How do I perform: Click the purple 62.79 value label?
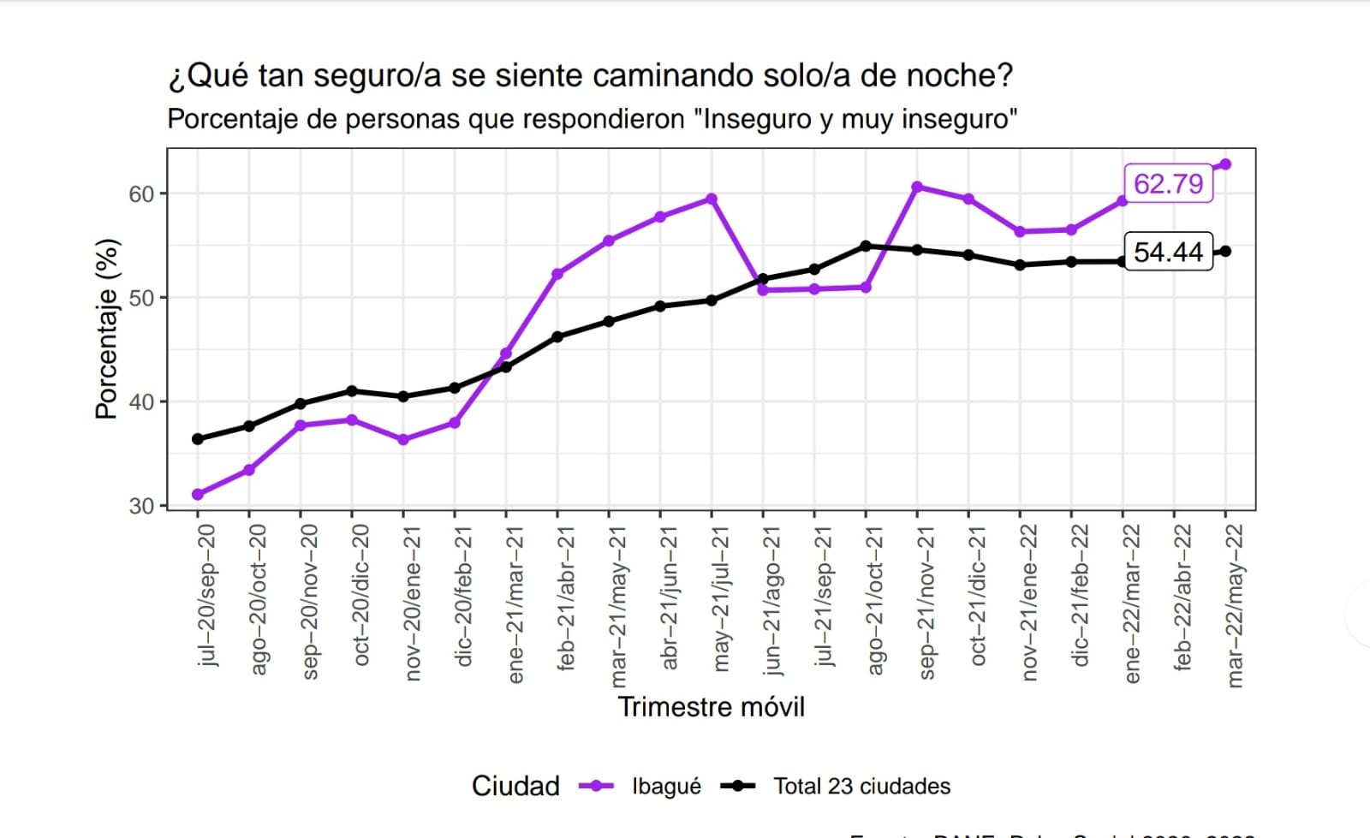[1168, 183]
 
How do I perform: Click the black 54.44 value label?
[1168, 252]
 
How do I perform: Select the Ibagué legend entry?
[665, 786]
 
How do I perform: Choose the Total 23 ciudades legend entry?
[861, 786]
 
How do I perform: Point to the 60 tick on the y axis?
[141, 194]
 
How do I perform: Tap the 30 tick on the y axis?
[141, 506]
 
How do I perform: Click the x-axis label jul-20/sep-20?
[206, 596]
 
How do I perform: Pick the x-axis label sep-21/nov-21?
[926, 603]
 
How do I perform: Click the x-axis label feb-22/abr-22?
[1182, 597]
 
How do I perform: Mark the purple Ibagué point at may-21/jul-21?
[712, 199]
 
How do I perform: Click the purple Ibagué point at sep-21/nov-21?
[917, 187]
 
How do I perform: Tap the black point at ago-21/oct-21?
[866, 247]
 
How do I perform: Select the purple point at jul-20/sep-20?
[198, 494]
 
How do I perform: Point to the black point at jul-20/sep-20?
[198, 439]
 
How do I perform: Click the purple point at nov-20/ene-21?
[403, 440]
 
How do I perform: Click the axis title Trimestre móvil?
[711, 707]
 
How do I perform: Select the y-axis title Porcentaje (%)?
[106, 329]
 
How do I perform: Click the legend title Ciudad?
[515, 786]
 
